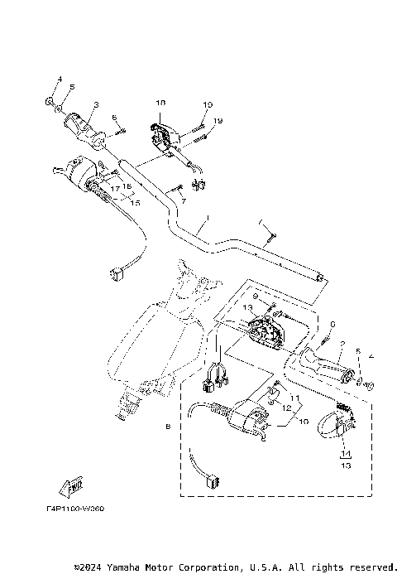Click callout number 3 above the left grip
(x=96, y=104)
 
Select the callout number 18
(x=161, y=102)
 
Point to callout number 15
(x=135, y=202)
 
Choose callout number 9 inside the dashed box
(x=256, y=297)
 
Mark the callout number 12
(x=285, y=408)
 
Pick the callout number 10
(x=304, y=422)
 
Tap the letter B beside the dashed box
(x=167, y=427)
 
